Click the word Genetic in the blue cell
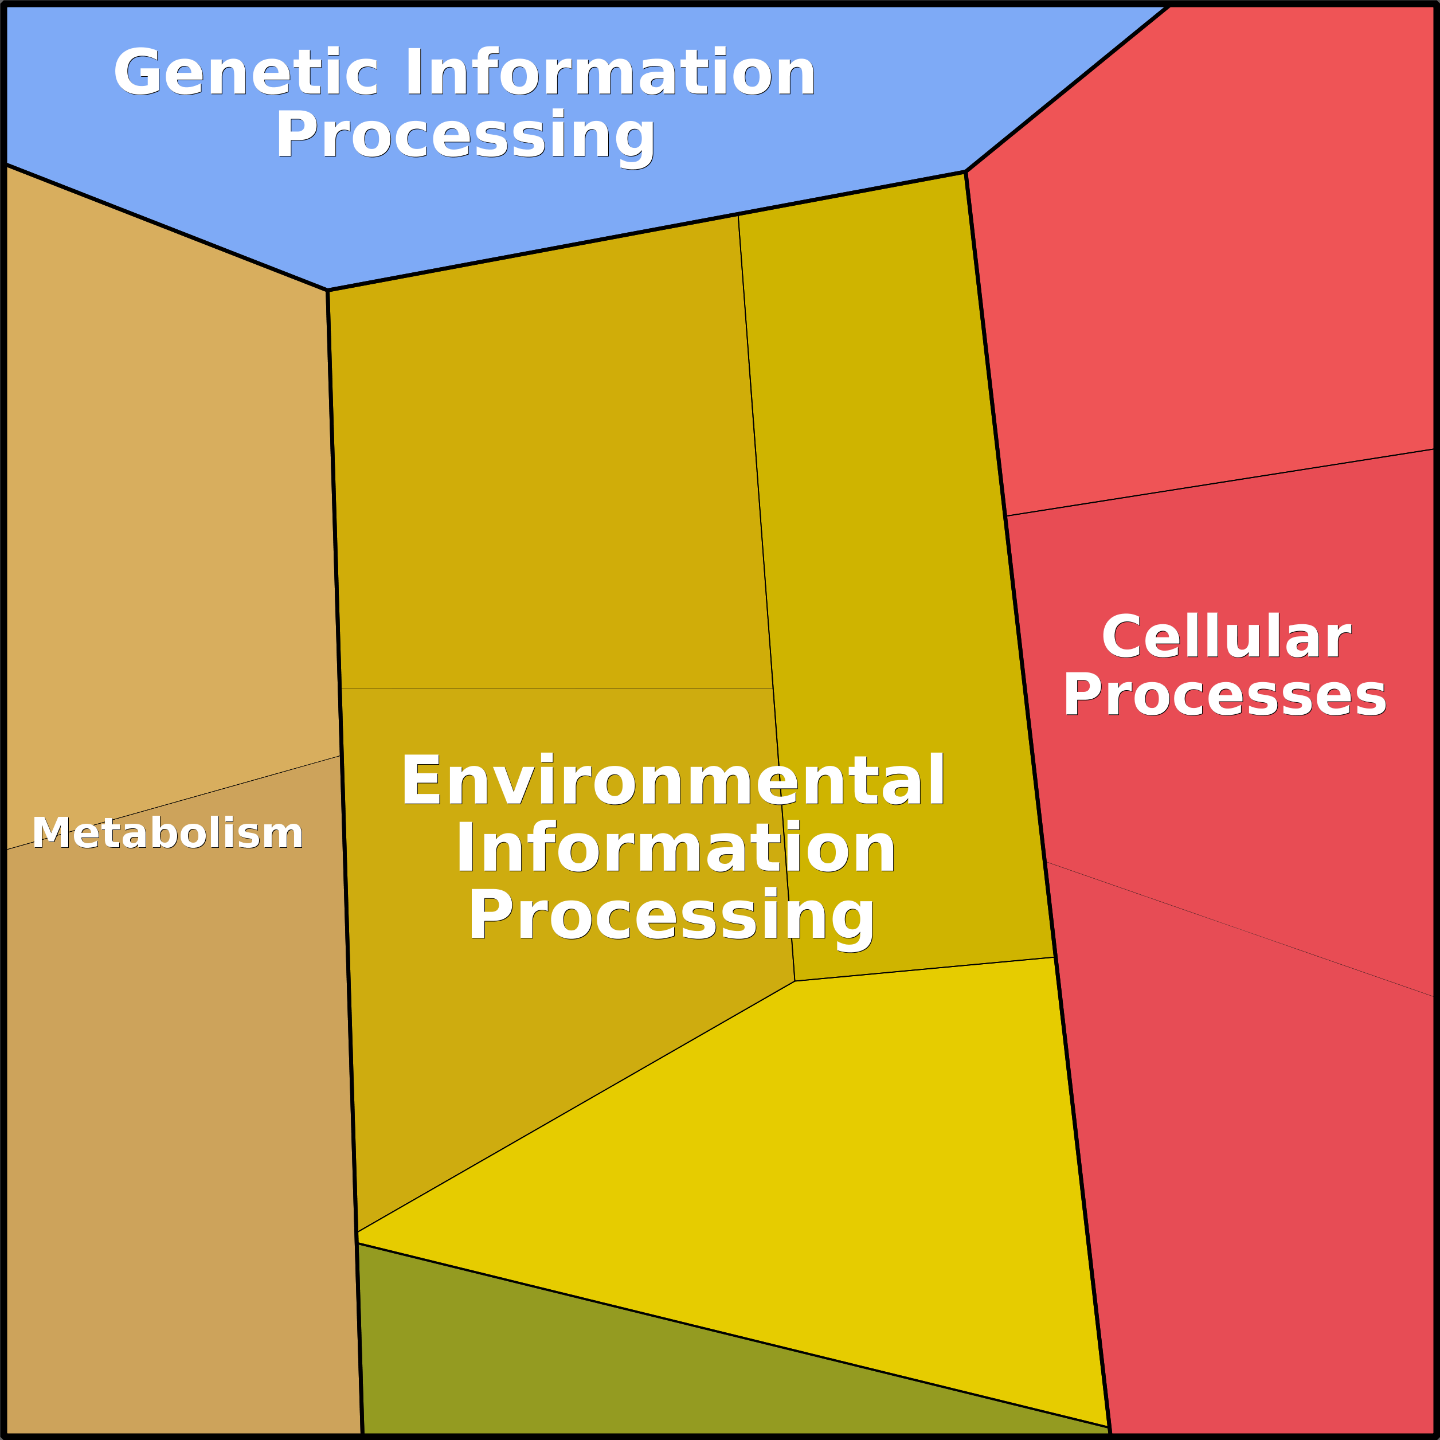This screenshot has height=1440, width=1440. tap(246, 72)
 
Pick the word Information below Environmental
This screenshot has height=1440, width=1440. tap(675, 848)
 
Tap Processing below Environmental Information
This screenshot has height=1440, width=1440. tap(671, 918)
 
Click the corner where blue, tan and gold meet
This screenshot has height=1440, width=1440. tap(328, 290)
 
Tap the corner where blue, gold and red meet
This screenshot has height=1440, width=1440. tap(966, 172)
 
